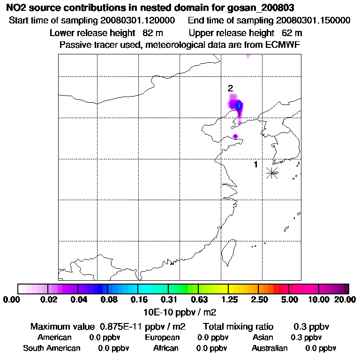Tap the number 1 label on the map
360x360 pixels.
(x=255, y=165)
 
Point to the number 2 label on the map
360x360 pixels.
(x=230, y=88)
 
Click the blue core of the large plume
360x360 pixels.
(x=239, y=106)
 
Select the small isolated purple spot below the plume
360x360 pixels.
(x=235, y=136)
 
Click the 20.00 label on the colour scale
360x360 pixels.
(x=344, y=300)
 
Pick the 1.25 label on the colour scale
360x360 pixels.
(x=229, y=300)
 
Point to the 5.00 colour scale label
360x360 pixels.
(x=290, y=300)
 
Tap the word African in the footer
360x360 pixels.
(x=166, y=348)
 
